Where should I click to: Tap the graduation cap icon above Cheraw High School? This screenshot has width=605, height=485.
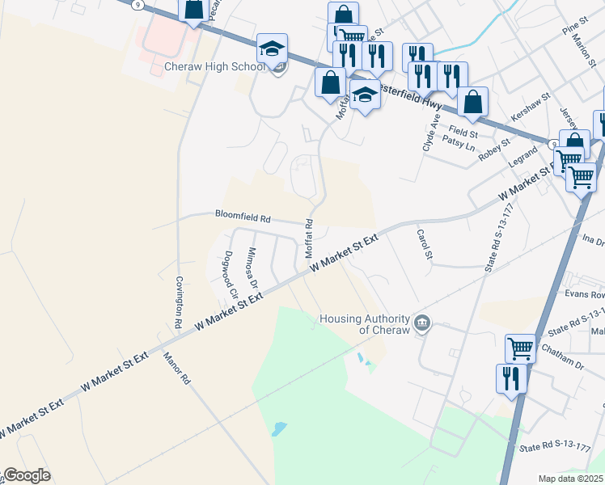pyautogui.click(x=273, y=48)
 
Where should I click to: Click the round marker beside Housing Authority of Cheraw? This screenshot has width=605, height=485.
pyautogui.click(x=422, y=324)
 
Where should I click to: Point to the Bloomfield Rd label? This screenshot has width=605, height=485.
pyautogui.click(x=242, y=217)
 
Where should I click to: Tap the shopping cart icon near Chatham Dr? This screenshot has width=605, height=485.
pyautogui.click(x=520, y=348)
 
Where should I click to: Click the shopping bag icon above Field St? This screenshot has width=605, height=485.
pyautogui.click(x=473, y=102)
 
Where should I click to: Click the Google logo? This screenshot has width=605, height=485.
pyautogui.click(x=27, y=476)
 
